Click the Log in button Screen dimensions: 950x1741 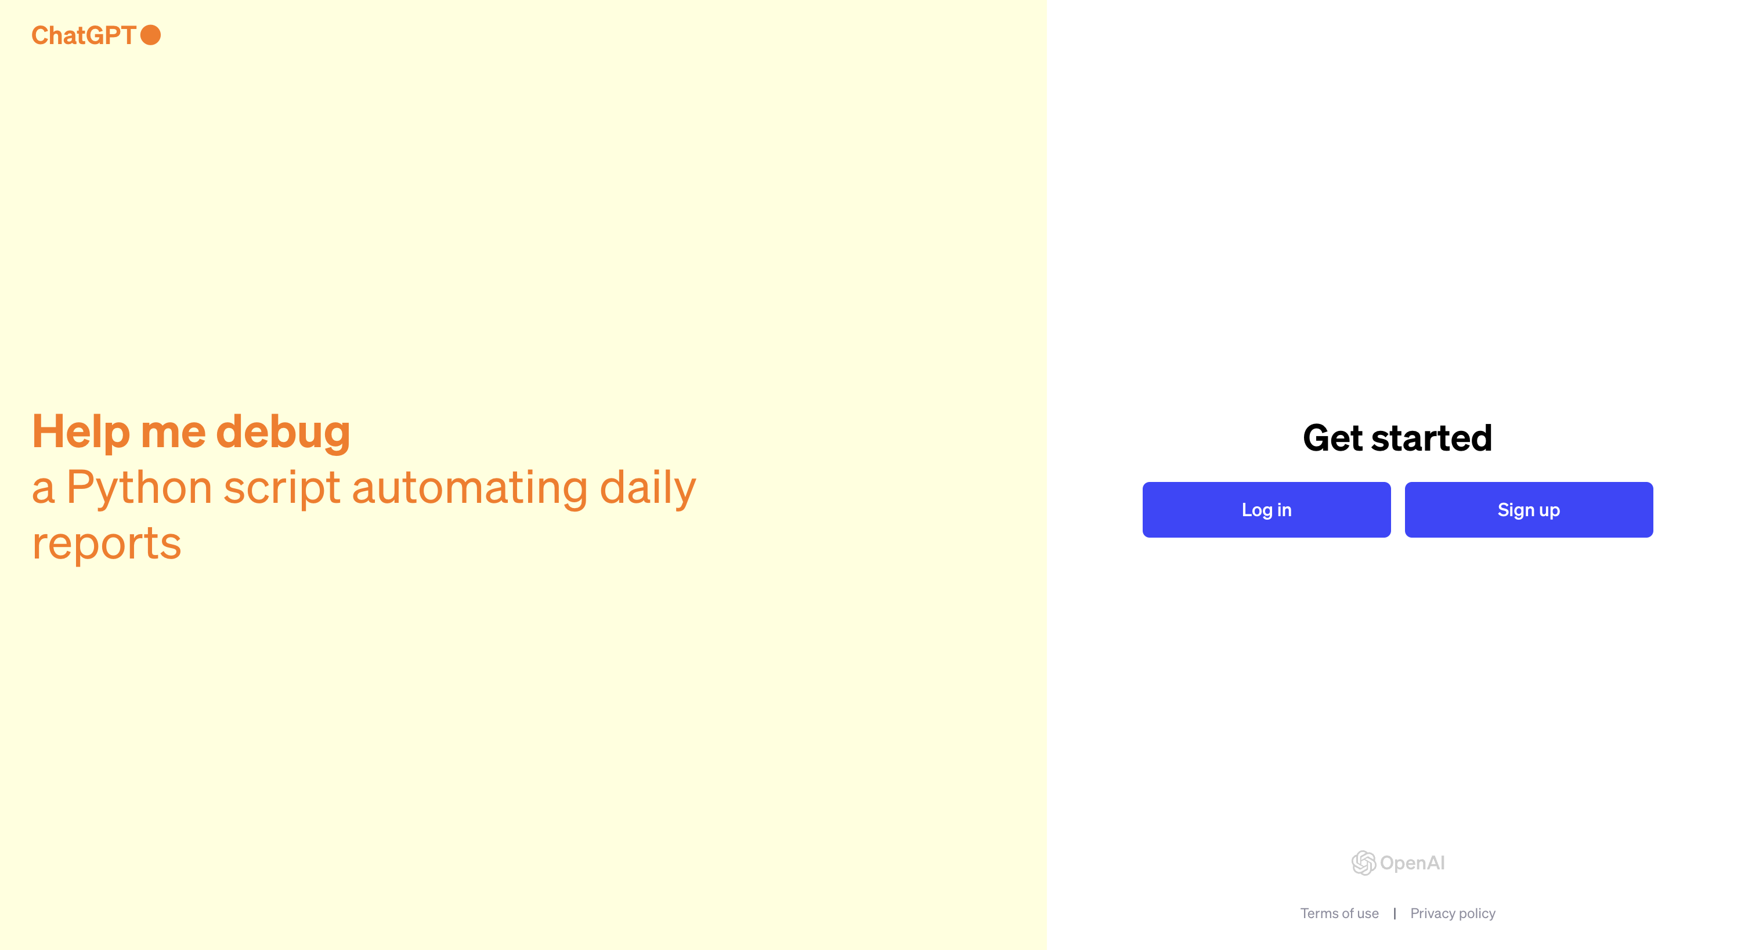pyautogui.click(x=1266, y=509)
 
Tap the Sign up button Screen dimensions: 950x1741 pyautogui.click(x=1528, y=509)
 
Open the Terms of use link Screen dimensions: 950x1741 pyautogui.click(x=1339, y=913)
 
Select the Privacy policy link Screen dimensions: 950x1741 pyautogui.click(x=1453, y=913)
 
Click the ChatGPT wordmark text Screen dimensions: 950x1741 pyautogui.click(x=84, y=35)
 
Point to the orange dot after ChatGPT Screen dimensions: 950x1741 pyautogui.click(x=150, y=35)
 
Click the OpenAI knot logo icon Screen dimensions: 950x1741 pyautogui.click(x=1363, y=863)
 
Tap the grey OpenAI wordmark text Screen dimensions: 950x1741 pyautogui.click(x=1412, y=863)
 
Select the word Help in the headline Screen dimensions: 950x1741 pyautogui.click(x=81, y=431)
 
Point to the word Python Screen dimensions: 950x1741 pyautogui.click(x=139, y=488)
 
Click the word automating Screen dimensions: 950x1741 pyautogui.click(x=469, y=488)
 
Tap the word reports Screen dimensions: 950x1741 pyautogui.click(x=107, y=544)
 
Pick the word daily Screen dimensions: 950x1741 pyautogui.click(x=648, y=488)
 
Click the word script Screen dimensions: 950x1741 pyautogui.click(x=282, y=488)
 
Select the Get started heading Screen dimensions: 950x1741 pyautogui.click(x=1397, y=437)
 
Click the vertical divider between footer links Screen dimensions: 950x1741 pyautogui.click(x=1395, y=913)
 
